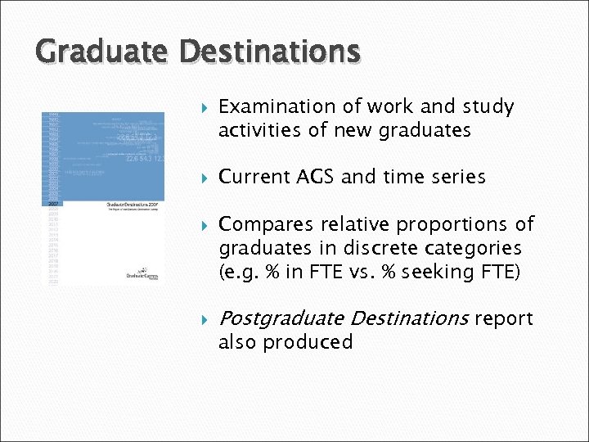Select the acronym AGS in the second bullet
point(313,177)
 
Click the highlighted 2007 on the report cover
point(52,201)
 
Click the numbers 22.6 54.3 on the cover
point(141,160)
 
